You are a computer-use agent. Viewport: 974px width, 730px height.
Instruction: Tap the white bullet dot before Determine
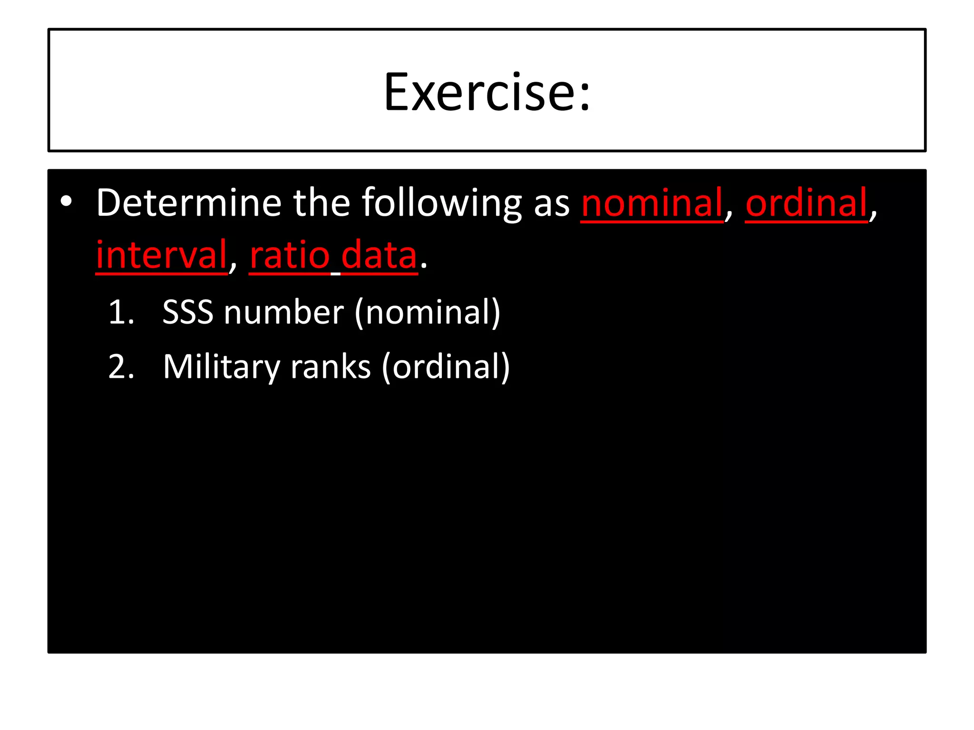click(x=67, y=202)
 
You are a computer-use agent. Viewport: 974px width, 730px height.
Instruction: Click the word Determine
click(x=189, y=203)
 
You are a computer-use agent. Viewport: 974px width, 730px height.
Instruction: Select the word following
click(x=442, y=204)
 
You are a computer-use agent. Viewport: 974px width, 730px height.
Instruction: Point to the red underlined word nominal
click(x=652, y=203)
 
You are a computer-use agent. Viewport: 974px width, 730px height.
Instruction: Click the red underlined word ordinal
click(x=807, y=203)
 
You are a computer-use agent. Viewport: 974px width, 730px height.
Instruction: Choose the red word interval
click(x=162, y=255)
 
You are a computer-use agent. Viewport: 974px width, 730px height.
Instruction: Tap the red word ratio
click(x=290, y=255)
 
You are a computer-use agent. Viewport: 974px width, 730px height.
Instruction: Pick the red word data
click(x=379, y=255)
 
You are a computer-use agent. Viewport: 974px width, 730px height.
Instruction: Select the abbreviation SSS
click(x=188, y=313)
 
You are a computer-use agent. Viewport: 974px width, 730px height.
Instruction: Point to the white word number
click(x=284, y=313)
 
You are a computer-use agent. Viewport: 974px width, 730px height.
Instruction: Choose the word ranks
click(x=330, y=367)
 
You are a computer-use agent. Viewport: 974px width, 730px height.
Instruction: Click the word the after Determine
click(x=321, y=203)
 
